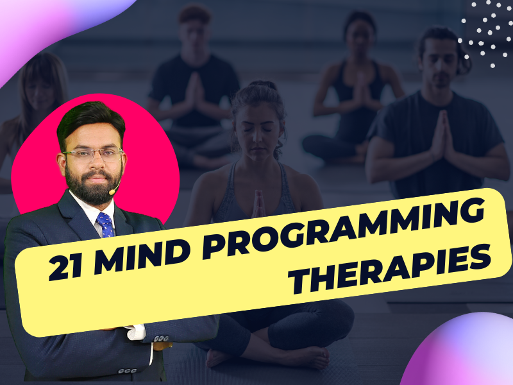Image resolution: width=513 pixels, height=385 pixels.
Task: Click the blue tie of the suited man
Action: tap(105, 225)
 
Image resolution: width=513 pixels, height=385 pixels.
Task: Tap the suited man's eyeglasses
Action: tap(93, 155)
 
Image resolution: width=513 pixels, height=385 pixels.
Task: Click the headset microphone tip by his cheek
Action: tap(112, 192)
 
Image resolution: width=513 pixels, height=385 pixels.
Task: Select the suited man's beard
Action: tap(93, 185)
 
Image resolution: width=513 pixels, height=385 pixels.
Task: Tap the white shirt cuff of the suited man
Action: tap(136, 332)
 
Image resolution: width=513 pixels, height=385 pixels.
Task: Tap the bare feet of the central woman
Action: tap(267, 356)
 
